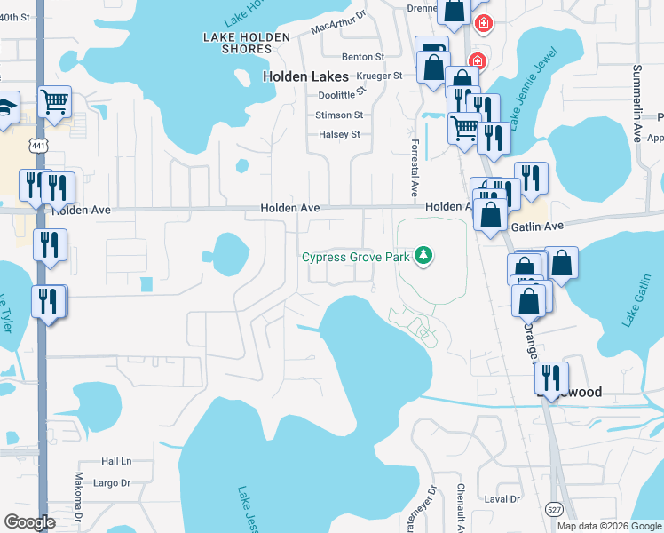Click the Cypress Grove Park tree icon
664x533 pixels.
[x=424, y=257]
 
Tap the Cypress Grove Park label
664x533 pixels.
[x=356, y=258]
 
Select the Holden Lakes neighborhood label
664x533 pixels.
[x=305, y=76]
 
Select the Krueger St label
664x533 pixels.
[x=379, y=76]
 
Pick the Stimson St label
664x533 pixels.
[x=339, y=115]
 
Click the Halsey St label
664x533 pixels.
[x=339, y=135]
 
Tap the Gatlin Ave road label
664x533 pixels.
[x=536, y=227]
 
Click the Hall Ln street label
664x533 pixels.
[x=115, y=461]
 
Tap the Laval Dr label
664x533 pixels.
[x=502, y=499]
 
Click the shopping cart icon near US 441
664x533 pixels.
[x=55, y=101]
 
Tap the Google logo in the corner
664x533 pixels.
[x=30, y=521]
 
